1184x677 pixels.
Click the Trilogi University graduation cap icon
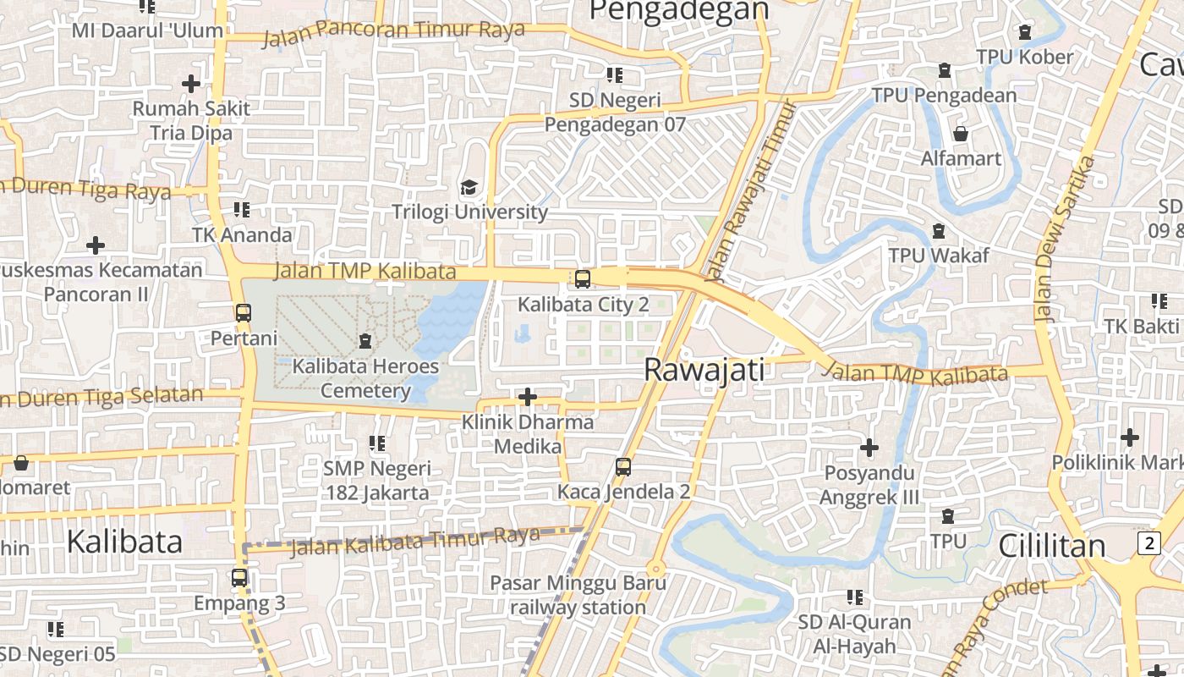(x=468, y=187)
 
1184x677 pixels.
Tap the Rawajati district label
(x=704, y=370)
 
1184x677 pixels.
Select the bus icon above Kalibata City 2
(x=583, y=279)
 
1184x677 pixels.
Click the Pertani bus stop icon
(x=244, y=313)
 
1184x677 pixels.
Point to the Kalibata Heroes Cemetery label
(x=365, y=378)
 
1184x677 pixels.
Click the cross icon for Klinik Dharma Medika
(x=528, y=396)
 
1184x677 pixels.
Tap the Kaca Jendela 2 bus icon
(x=623, y=466)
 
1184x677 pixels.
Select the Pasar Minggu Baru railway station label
(x=578, y=595)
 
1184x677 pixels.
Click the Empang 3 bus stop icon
(x=239, y=579)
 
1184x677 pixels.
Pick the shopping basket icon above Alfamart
(x=961, y=134)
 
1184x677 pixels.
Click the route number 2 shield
(x=1148, y=543)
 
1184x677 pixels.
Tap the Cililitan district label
(x=1052, y=546)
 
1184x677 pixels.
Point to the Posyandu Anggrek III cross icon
(x=869, y=447)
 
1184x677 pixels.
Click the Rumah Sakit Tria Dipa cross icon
(x=191, y=84)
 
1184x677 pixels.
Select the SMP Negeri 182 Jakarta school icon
(x=377, y=443)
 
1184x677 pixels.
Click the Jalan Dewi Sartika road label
(x=1065, y=239)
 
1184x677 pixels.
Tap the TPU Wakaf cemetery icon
(x=938, y=231)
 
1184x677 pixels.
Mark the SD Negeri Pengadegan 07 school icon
(x=615, y=74)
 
